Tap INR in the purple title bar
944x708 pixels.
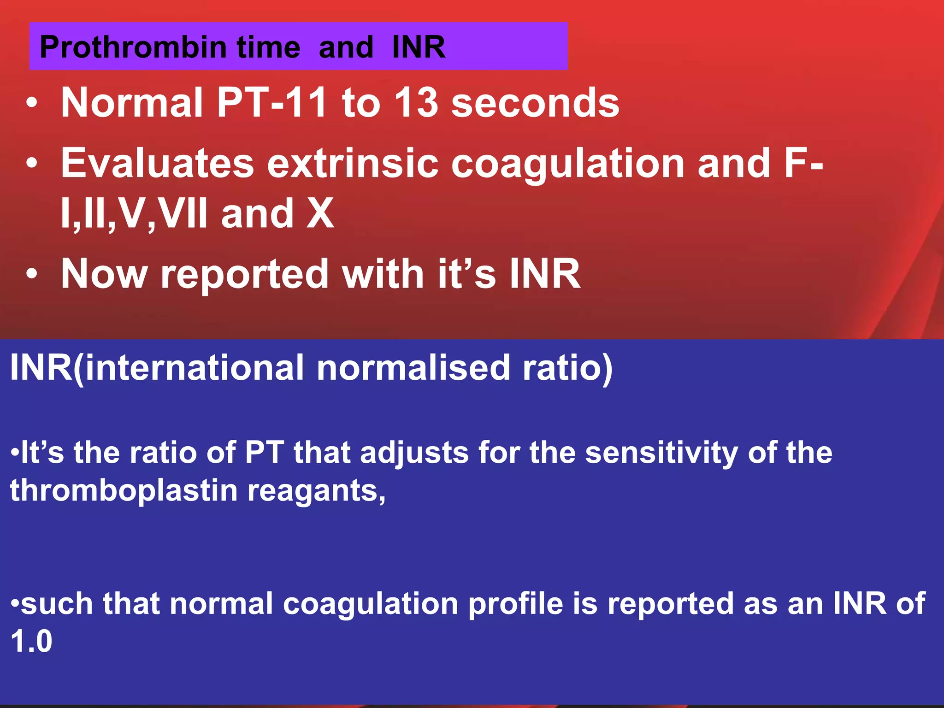pos(419,47)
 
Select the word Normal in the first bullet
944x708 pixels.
pos(132,102)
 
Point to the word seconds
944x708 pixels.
pos(535,102)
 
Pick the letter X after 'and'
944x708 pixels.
pos(320,213)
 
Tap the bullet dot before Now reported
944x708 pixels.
pos(31,274)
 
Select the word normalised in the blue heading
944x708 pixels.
pos(413,368)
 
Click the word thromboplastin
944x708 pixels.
pos(123,490)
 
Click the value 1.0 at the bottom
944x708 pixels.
pos(31,641)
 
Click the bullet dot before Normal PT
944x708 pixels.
pos(31,103)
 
